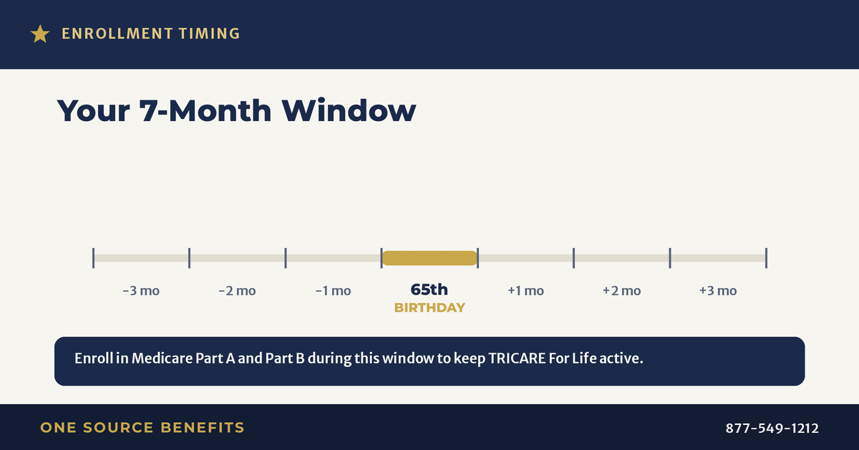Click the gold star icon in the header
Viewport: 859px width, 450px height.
click(40, 34)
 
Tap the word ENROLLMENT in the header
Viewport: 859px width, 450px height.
click(117, 34)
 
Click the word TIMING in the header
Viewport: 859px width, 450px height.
click(209, 34)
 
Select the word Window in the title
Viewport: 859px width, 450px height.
click(349, 110)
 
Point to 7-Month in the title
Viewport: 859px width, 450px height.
click(205, 110)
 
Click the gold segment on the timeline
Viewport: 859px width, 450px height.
click(429, 258)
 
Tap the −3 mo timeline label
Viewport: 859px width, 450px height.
click(141, 291)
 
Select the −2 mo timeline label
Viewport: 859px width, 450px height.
click(237, 291)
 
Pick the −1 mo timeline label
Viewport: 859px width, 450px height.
click(334, 291)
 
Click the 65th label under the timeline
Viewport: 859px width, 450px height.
click(429, 289)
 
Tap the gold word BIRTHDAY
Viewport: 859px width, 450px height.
click(429, 307)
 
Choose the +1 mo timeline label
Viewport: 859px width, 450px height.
click(525, 291)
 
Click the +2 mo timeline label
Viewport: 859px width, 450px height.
click(621, 291)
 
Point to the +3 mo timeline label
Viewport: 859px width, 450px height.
click(718, 291)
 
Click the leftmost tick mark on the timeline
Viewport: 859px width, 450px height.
click(93, 258)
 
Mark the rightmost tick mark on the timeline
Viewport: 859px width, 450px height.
click(766, 258)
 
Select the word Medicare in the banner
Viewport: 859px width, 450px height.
click(162, 358)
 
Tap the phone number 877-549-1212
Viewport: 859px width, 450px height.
click(772, 428)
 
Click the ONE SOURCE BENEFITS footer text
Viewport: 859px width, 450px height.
click(142, 428)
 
